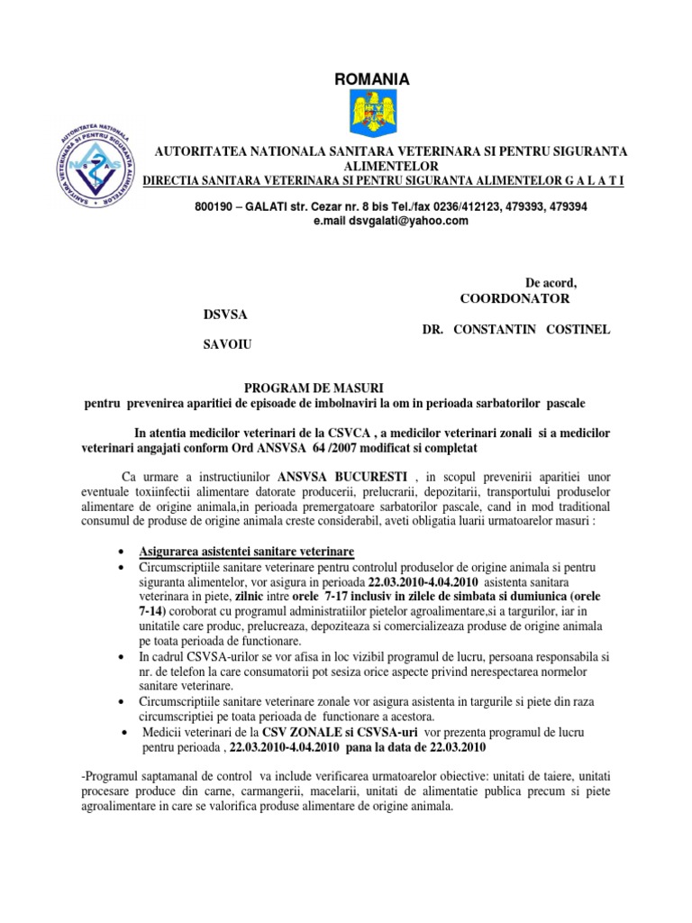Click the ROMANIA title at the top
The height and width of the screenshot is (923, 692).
[x=371, y=80]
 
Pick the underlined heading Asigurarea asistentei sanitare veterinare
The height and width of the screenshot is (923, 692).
[x=246, y=551]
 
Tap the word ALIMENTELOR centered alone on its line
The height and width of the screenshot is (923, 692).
[x=390, y=167]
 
